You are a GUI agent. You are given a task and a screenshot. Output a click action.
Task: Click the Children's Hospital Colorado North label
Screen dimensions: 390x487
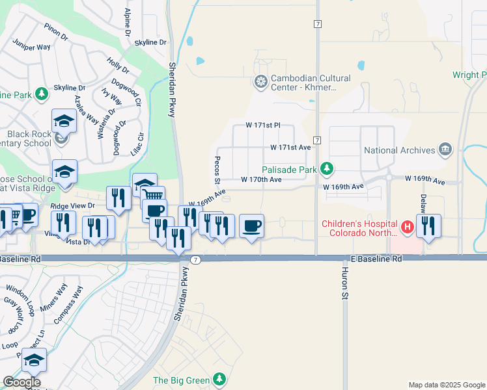(x=359, y=228)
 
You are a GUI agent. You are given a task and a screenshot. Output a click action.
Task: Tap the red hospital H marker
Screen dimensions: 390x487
(x=408, y=227)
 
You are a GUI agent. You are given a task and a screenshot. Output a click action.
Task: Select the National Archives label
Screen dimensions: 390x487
(x=399, y=150)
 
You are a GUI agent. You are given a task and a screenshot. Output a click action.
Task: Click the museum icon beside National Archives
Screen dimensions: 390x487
(x=445, y=149)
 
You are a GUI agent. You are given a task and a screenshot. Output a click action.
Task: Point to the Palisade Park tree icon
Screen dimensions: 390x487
(x=327, y=170)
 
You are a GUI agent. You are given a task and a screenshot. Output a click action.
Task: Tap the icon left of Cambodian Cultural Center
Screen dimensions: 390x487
(x=260, y=82)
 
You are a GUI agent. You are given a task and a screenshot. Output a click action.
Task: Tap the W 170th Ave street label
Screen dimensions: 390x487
(x=261, y=179)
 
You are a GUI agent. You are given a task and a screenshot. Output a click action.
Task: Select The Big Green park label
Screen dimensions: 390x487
(x=181, y=380)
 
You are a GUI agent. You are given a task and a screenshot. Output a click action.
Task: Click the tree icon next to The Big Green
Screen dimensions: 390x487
(x=219, y=379)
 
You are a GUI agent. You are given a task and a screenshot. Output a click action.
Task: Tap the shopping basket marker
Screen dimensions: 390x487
(x=153, y=196)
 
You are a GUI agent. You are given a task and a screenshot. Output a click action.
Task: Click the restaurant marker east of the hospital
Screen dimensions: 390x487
(x=428, y=226)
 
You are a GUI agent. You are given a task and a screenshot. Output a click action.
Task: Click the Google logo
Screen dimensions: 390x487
(x=21, y=382)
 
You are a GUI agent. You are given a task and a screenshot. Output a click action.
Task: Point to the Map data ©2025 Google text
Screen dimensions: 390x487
(x=446, y=385)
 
